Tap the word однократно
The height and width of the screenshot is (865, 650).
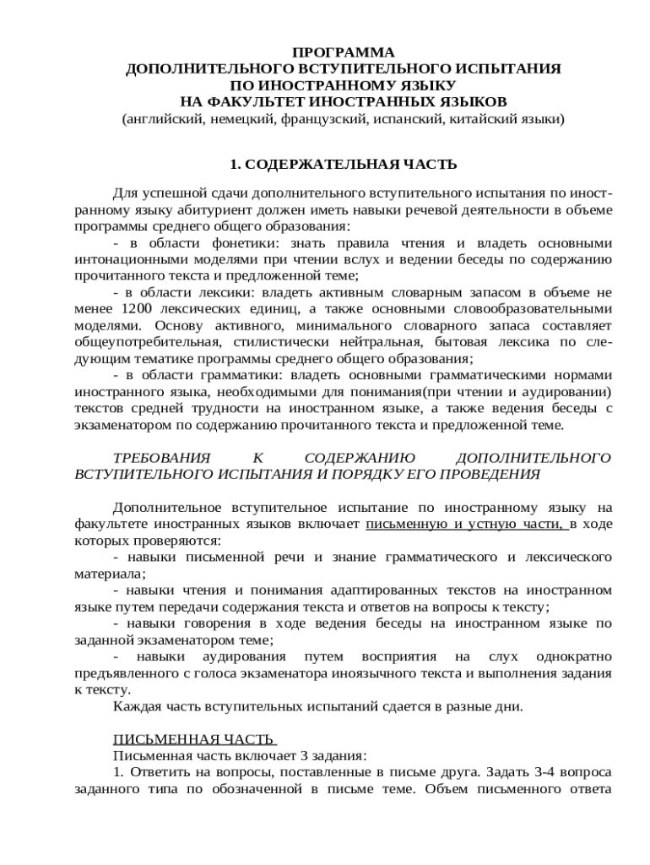coord(568,656)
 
